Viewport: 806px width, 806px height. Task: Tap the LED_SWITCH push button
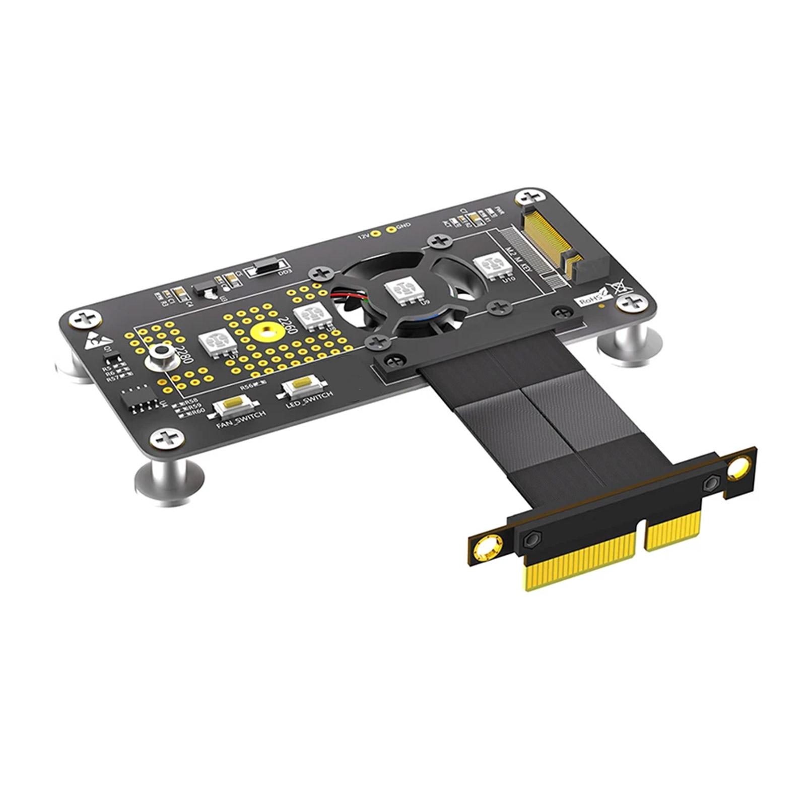pyautogui.click(x=301, y=384)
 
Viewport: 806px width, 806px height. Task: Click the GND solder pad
pyautogui.click(x=390, y=230)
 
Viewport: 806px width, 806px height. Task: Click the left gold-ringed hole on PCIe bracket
pyautogui.click(x=487, y=548)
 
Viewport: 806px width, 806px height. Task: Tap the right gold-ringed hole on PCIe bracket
pyautogui.click(x=738, y=469)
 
